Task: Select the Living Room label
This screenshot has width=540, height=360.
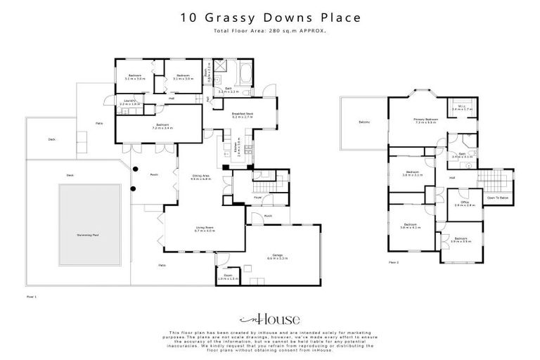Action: coord(204,229)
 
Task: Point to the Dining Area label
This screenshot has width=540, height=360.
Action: coord(201,177)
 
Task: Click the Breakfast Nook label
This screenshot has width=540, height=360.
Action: coord(243,115)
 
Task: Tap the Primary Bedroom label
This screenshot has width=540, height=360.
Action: coord(426,121)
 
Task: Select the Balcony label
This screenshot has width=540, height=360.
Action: coord(364,123)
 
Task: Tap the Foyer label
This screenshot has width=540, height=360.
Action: coord(258,198)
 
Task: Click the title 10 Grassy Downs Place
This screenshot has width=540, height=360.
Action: coord(269,17)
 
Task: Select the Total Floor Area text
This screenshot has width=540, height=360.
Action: coord(269,31)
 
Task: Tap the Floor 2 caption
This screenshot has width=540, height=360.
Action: coord(394,262)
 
